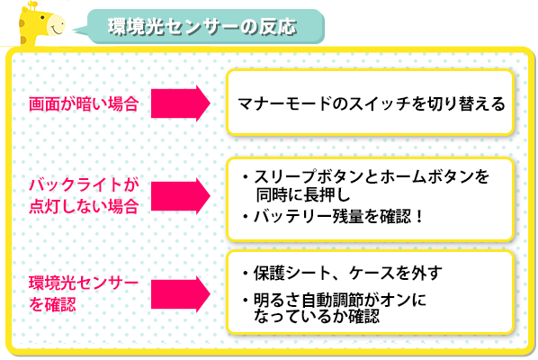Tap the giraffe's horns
(x=32, y=4)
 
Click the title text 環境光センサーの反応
(x=202, y=27)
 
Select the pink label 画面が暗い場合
(x=84, y=104)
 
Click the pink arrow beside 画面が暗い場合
(x=181, y=103)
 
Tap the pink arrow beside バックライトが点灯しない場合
(x=181, y=196)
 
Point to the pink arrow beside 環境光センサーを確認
(x=181, y=294)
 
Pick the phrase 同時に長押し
(x=303, y=195)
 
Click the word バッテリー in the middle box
(x=293, y=217)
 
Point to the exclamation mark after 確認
(x=419, y=217)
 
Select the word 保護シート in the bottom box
(x=292, y=274)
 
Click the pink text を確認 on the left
(x=52, y=304)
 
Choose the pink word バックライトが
(x=84, y=185)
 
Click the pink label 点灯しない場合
(x=84, y=206)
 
